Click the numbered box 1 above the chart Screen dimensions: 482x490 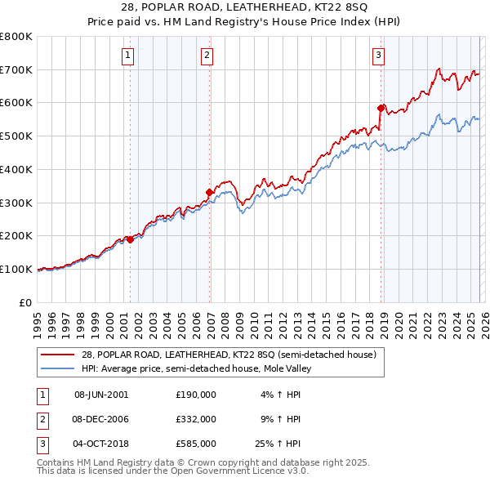[x=129, y=56]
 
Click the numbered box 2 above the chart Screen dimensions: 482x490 [x=207, y=56]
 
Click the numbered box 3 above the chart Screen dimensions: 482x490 [x=379, y=56]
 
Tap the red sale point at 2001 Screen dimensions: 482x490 [x=130, y=239]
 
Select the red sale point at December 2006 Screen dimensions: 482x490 [x=209, y=192]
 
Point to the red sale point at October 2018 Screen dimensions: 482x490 [x=381, y=108]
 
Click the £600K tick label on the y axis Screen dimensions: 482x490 [x=16, y=103]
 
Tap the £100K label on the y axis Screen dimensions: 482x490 [x=16, y=269]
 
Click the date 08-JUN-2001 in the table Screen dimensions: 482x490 [x=101, y=395]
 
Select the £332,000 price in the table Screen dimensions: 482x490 [x=196, y=419]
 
